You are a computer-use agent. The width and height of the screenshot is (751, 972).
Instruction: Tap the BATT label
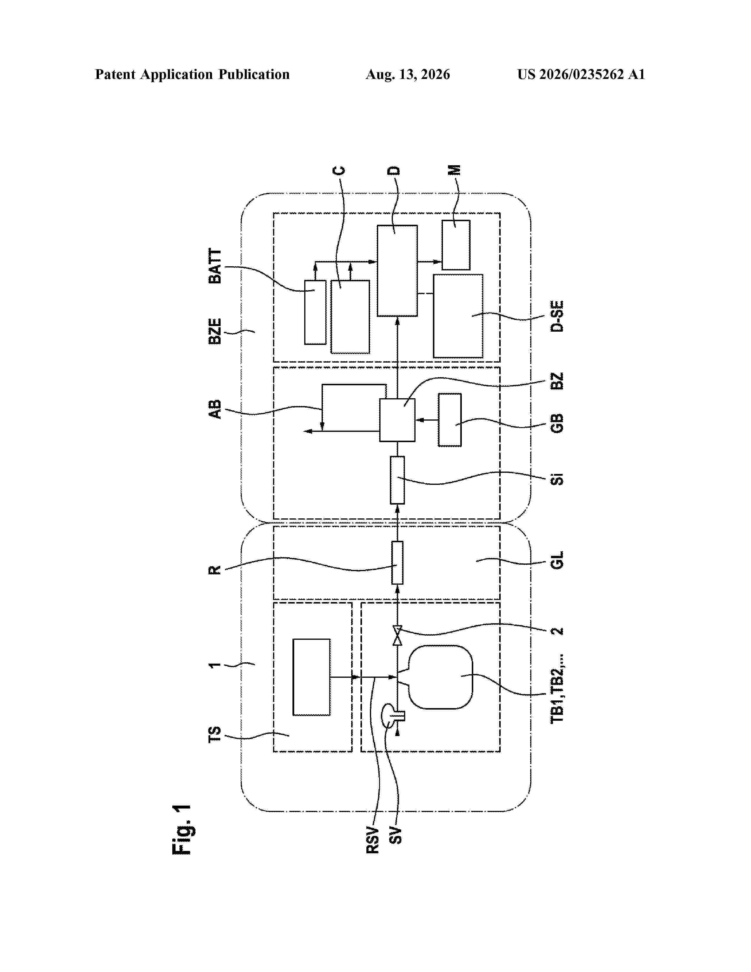pyautogui.click(x=215, y=266)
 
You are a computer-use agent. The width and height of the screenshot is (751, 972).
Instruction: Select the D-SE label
pyautogui.click(x=557, y=316)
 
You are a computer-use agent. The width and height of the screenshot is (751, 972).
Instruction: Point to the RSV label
pyautogui.click(x=373, y=840)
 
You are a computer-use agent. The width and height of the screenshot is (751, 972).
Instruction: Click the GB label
pyautogui.click(x=557, y=423)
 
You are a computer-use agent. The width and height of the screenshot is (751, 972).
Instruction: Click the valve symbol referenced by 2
pyautogui.click(x=397, y=636)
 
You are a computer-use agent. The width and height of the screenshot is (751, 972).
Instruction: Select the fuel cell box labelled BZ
pyautogui.click(x=397, y=420)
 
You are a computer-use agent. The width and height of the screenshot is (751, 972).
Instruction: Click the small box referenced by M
pyautogui.click(x=456, y=245)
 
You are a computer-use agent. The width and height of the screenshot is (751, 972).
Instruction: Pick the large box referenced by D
pyautogui.click(x=397, y=271)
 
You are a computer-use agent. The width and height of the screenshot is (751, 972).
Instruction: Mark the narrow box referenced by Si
pyautogui.click(x=397, y=480)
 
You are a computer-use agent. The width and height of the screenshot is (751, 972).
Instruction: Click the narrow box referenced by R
pyautogui.click(x=397, y=563)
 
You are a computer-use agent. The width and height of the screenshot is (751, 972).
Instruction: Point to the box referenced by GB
pyautogui.click(x=450, y=420)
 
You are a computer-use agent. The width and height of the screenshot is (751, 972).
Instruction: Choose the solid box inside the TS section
pyautogui.click(x=311, y=677)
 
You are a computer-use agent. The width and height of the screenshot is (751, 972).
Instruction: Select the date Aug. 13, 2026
pyautogui.click(x=408, y=74)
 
